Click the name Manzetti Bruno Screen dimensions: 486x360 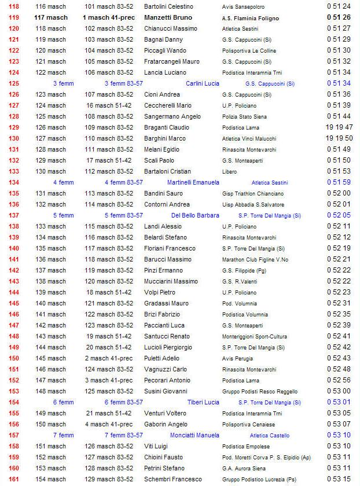[x=168, y=18]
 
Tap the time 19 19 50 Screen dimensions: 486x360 [x=339, y=138]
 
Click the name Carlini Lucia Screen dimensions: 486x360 [x=202, y=83]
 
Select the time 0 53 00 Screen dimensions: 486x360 [x=339, y=391]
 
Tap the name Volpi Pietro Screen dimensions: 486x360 [x=160, y=292]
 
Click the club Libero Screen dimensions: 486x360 [x=230, y=171]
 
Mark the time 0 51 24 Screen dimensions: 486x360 [x=339, y=6]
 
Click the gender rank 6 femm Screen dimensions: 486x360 [x=64, y=402]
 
